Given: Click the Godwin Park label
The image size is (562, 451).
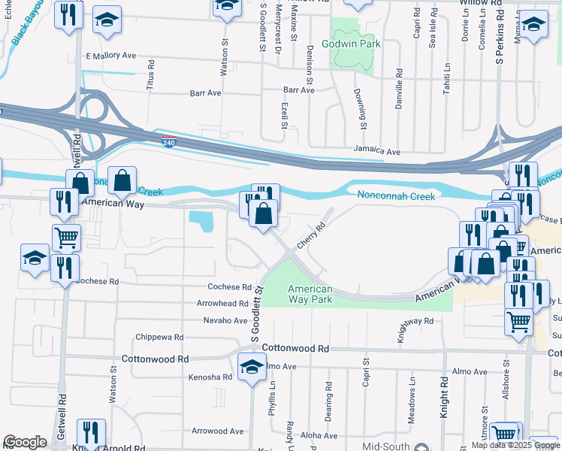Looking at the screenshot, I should click(x=352, y=44).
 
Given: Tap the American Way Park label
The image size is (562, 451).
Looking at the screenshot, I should click(x=310, y=294).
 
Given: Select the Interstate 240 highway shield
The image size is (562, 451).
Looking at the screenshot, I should click(x=168, y=141).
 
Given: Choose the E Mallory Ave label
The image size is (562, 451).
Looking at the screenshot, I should click(x=110, y=56).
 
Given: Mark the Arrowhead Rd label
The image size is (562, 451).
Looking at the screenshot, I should click(x=222, y=304).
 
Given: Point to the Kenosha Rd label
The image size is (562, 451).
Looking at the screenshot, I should click(x=210, y=377).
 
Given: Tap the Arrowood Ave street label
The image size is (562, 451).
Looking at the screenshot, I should click(x=217, y=431).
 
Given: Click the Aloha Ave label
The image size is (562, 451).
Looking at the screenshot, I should click(x=319, y=435).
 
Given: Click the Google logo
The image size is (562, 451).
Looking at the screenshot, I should click(x=25, y=442).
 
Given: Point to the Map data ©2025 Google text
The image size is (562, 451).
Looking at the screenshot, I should click(x=515, y=445).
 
